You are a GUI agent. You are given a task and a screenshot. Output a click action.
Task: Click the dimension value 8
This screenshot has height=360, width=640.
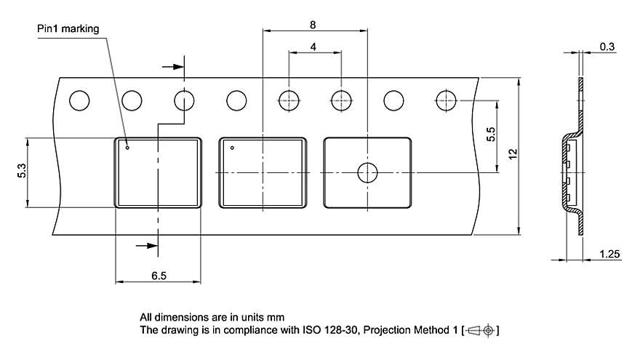[x=313, y=25]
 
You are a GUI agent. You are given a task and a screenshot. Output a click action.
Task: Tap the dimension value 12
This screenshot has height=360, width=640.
[x=513, y=154]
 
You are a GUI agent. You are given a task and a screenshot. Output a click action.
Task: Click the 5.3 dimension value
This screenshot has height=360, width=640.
[x=22, y=172]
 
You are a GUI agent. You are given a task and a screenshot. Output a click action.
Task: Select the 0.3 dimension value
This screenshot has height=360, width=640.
[x=607, y=47]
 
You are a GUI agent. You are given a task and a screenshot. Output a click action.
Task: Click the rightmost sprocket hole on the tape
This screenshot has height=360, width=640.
[x=447, y=100]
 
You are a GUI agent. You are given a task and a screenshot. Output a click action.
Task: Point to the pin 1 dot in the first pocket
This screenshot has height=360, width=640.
[x=127, y=148]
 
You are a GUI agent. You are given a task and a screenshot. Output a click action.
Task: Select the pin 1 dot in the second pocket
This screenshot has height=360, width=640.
[x=232, y=148]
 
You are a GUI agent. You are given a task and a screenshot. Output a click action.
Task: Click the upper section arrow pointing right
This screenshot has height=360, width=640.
[x=172, y=67]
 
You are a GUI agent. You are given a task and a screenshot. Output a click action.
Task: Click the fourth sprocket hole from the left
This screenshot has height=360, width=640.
[x=237, y=100]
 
